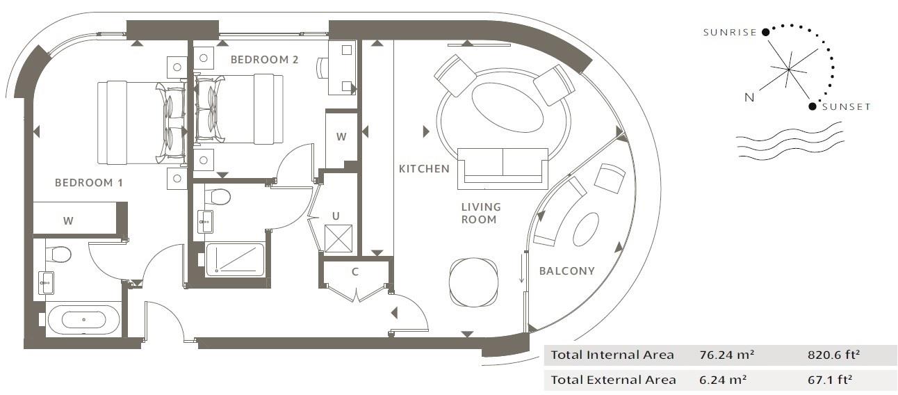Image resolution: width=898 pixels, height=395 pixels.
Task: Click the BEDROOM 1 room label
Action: tap(89, 183)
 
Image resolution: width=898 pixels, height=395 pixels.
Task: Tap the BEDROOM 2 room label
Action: tap(264, 60)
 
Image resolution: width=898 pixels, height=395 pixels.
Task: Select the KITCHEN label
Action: tap(424, 169)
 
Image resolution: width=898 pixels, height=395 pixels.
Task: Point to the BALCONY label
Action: tap(567, 271)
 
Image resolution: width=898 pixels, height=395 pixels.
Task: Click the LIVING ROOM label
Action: tap(480, 213)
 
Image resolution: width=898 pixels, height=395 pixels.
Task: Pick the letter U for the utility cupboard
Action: tap(336, 216)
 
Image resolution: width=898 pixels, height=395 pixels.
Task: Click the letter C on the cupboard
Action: tap(354, 272)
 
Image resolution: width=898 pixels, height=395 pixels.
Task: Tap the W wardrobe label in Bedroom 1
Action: tap(68, 221)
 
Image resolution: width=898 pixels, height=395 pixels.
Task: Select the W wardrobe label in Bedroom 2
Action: tap(341, 137)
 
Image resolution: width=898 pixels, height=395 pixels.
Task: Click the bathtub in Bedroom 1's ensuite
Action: tap(83, 320)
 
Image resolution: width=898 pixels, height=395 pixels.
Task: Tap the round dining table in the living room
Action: tap(473, 282)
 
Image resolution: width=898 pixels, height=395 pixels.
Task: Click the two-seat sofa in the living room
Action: tap(503, 168)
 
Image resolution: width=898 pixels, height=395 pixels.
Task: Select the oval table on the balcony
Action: tap(585, 229)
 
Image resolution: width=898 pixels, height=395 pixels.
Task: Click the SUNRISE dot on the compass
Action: tap(765, 31)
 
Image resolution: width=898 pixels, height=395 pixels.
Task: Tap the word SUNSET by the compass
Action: tap(846, 107)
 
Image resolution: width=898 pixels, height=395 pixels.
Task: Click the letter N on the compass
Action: tap(749, 98)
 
